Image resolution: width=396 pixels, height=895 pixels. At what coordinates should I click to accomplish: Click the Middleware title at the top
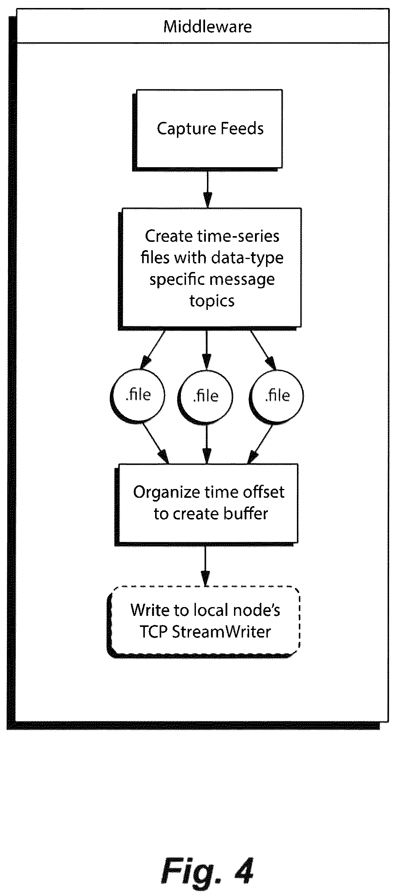(207, 27)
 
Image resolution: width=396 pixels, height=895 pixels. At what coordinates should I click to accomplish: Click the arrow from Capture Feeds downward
(207, 188)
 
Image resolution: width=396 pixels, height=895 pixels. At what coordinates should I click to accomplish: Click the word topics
(212, 301)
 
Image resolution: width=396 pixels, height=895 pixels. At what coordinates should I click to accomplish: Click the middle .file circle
(206, 396)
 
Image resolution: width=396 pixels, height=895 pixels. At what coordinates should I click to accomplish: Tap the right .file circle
(277, 396)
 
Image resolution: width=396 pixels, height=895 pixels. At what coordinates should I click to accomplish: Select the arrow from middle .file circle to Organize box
(206, 444)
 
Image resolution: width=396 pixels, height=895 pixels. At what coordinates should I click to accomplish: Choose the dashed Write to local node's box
(204, 622)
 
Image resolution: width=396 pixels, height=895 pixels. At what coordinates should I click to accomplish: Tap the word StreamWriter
(221, 632)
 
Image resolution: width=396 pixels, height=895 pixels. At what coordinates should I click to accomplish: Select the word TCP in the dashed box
(154, 632)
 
